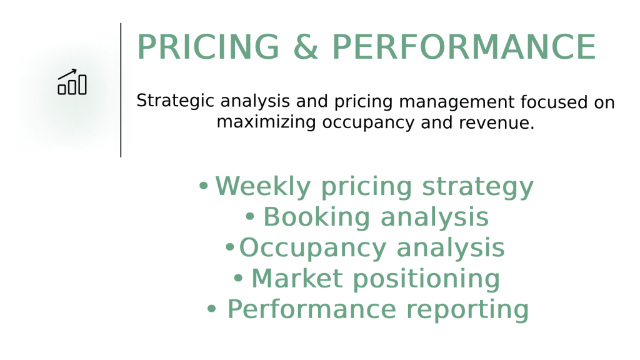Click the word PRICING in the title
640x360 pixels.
208,47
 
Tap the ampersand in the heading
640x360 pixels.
305,47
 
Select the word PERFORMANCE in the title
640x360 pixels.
464,47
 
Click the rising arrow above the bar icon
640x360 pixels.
67,74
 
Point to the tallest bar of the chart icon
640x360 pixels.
82,84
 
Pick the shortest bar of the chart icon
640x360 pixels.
62,89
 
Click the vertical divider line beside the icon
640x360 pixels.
121,90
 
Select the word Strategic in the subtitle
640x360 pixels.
175,101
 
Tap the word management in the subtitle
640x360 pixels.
456,102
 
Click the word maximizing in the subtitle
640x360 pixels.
266,122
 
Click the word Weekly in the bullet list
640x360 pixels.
263,187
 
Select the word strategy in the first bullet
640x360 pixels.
477,187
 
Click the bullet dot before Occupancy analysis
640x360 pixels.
230,247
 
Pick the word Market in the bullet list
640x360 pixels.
297,278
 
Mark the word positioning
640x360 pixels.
426,279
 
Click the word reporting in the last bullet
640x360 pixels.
467,310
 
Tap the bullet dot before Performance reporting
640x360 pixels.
211,309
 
